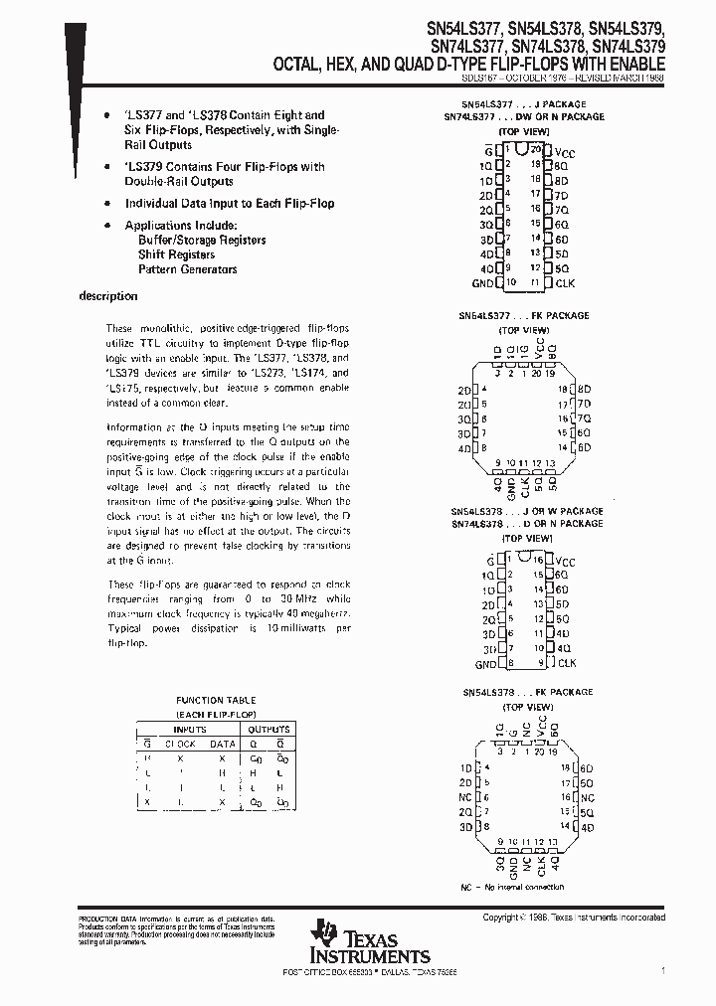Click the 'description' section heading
coord(107,296)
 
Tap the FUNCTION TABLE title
coord(216,700)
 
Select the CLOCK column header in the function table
coord(180,744)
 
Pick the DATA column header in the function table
coord(222,744)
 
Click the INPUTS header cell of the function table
coord(190,729)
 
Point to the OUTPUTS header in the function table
coord(269,729)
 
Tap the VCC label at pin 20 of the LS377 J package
coord(565,150)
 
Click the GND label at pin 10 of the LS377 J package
coord(483,283)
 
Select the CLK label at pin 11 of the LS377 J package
coord(565,283)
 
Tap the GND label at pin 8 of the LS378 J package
coord(485,663)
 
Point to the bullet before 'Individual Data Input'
coord(107,204)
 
